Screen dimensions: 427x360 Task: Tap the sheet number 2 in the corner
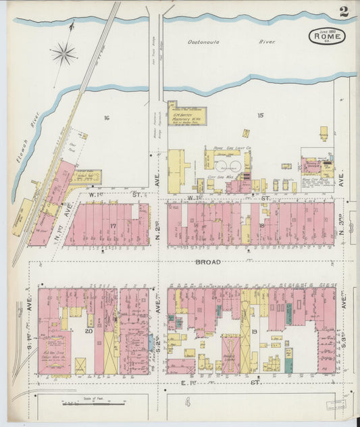pyautogui.click(x=344, y=11)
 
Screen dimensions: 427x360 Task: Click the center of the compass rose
pyautogui.click(x=64, y=53)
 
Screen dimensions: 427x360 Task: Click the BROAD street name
pyautogui.click(x=207, y=261)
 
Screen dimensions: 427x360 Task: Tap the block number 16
pyautogui.click(x=106, y=118)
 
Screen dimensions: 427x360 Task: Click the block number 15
pyautogui.click(x=260, y=115)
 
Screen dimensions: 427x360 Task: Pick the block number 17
pyautogui.click(x=113, y=226)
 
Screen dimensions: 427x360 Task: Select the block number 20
pyautogui.click(x=88, y=331)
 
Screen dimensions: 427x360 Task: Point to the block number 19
pyautogui.click(x=254, y=331)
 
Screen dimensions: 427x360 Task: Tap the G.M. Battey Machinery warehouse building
pyautogui.click(x=187, y=116)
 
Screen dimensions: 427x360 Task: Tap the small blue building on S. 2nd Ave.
pyautogui.click(x=150, y=343)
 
